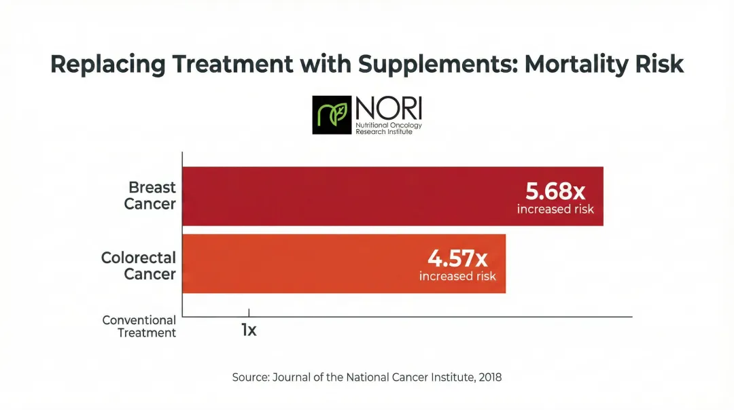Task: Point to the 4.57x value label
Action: (x=457, y=258)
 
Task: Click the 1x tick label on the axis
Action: (x=249, y=330)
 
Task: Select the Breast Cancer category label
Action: (x=151, y=195)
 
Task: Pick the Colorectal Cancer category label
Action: (x=139, y=266)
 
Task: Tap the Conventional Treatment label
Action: (x=139, y=326)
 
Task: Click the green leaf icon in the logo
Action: (x=332, y=115)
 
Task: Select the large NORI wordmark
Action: (x=388, y=109)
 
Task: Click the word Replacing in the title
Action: (x=107, y=64)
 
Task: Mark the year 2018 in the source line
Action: (x=489, y=377)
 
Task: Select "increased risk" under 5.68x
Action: (x=555, y=209)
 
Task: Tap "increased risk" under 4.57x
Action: (x=457, y=277)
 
